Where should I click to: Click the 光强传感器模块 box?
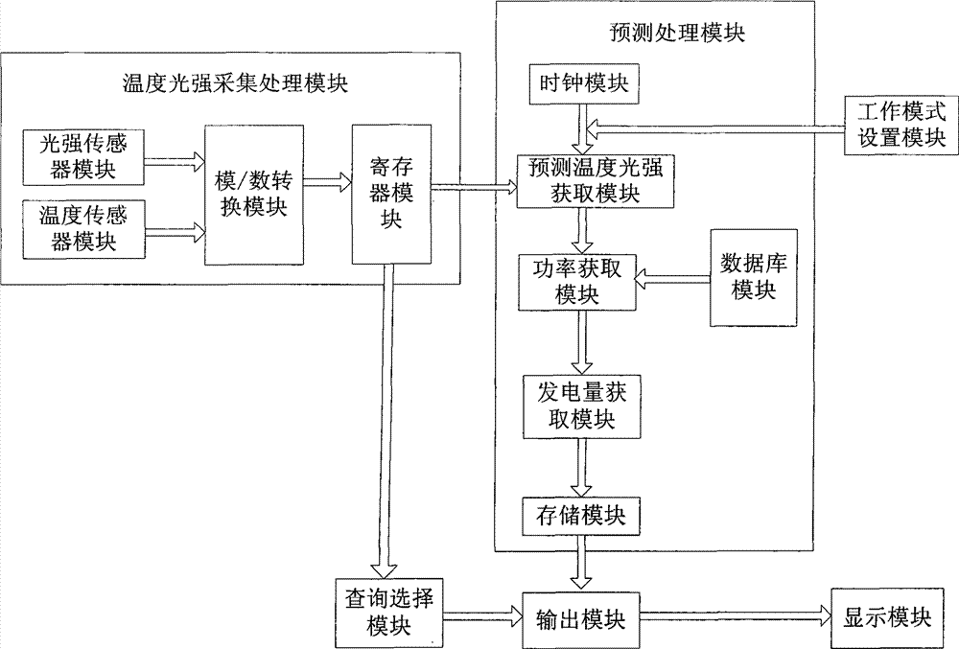tap(83, 157)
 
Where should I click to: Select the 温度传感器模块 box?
tap(83, 229)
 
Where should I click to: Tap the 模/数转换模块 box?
tap(254, 195)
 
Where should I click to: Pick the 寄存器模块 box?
tap(391, 195)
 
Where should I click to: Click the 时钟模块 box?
tap(583, 83)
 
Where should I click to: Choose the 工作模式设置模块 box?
tap(901, 126)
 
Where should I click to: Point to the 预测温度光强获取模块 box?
tap(596, 181)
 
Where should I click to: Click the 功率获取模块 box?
tap(576, 283)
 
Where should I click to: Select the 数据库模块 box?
tap(754, 277)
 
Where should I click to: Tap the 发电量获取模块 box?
tap(582, 406)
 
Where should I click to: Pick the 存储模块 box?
tap(581, 517)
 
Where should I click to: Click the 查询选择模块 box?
tap(389, 613)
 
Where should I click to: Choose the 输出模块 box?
tap(580, 619)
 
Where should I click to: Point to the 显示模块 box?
tap(886, 617)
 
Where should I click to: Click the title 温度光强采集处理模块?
tap(236, 83)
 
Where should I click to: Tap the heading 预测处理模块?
tap(678, 33)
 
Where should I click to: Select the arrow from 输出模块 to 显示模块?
tap(736, 616)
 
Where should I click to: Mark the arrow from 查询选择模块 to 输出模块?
tap(482, 615)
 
